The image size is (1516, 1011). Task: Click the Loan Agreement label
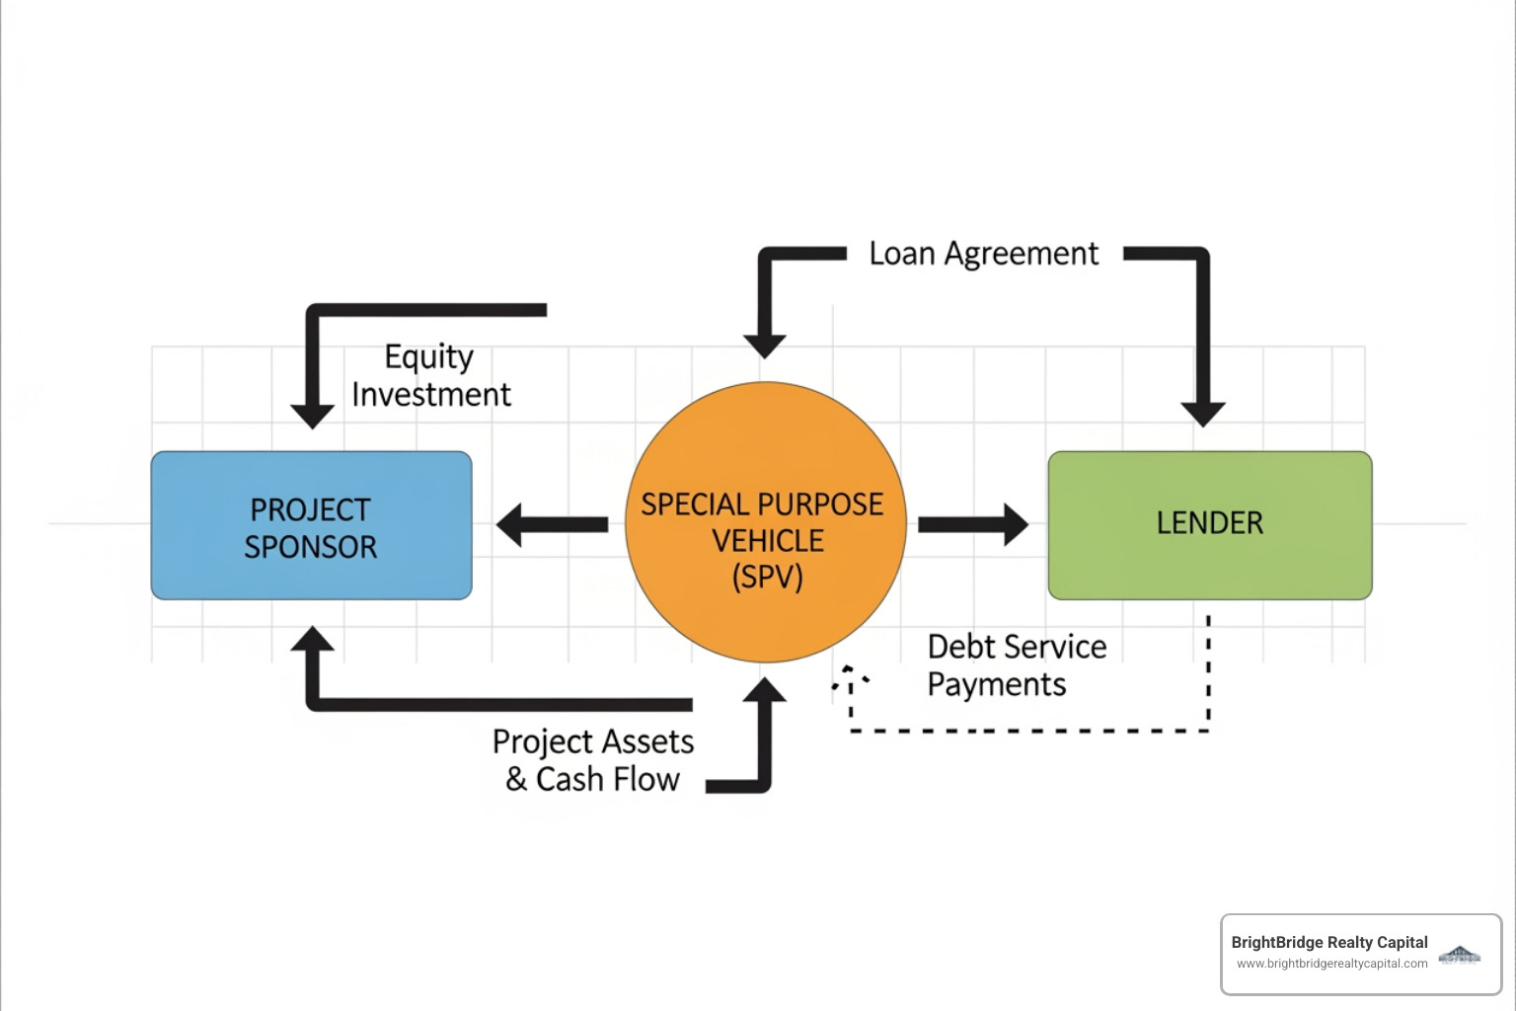(983, 254)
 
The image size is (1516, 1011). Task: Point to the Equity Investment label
(431, 375)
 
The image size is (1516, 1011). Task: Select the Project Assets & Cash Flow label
(593, 760)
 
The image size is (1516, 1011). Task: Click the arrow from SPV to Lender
(972, 524)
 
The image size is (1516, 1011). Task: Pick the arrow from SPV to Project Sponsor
(553, 524)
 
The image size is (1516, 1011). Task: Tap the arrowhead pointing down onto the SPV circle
(765, 345)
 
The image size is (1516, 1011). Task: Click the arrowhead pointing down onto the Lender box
(1203, 413)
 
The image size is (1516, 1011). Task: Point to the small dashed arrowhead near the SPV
(849, 676)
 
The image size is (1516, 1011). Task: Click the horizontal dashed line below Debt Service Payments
(1026, 731)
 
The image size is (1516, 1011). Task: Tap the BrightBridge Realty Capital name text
(1328, 942)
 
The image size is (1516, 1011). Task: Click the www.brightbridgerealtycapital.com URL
(1331, 964)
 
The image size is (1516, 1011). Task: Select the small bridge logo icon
(1460, 954)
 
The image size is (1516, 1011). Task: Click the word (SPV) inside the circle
(767, 577)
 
